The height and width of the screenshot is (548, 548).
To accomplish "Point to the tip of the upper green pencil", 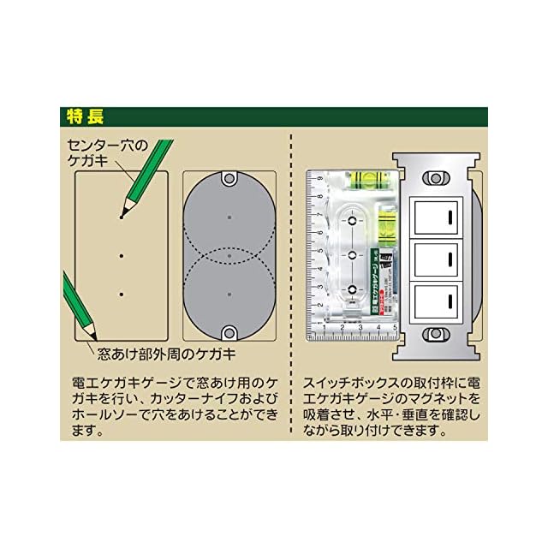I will point(122,216).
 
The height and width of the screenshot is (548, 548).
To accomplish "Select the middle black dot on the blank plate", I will point(122,255).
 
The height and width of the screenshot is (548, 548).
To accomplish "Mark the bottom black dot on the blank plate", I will point(122,294).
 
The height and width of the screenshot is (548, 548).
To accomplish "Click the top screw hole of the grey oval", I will point(229,181).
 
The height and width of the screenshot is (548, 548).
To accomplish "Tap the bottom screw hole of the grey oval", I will point(229,331).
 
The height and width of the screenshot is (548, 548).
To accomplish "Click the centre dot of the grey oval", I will point(229,256).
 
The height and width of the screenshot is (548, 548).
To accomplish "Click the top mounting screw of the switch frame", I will point(436,178).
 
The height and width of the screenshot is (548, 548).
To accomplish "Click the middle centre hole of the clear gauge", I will point(352,256).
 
